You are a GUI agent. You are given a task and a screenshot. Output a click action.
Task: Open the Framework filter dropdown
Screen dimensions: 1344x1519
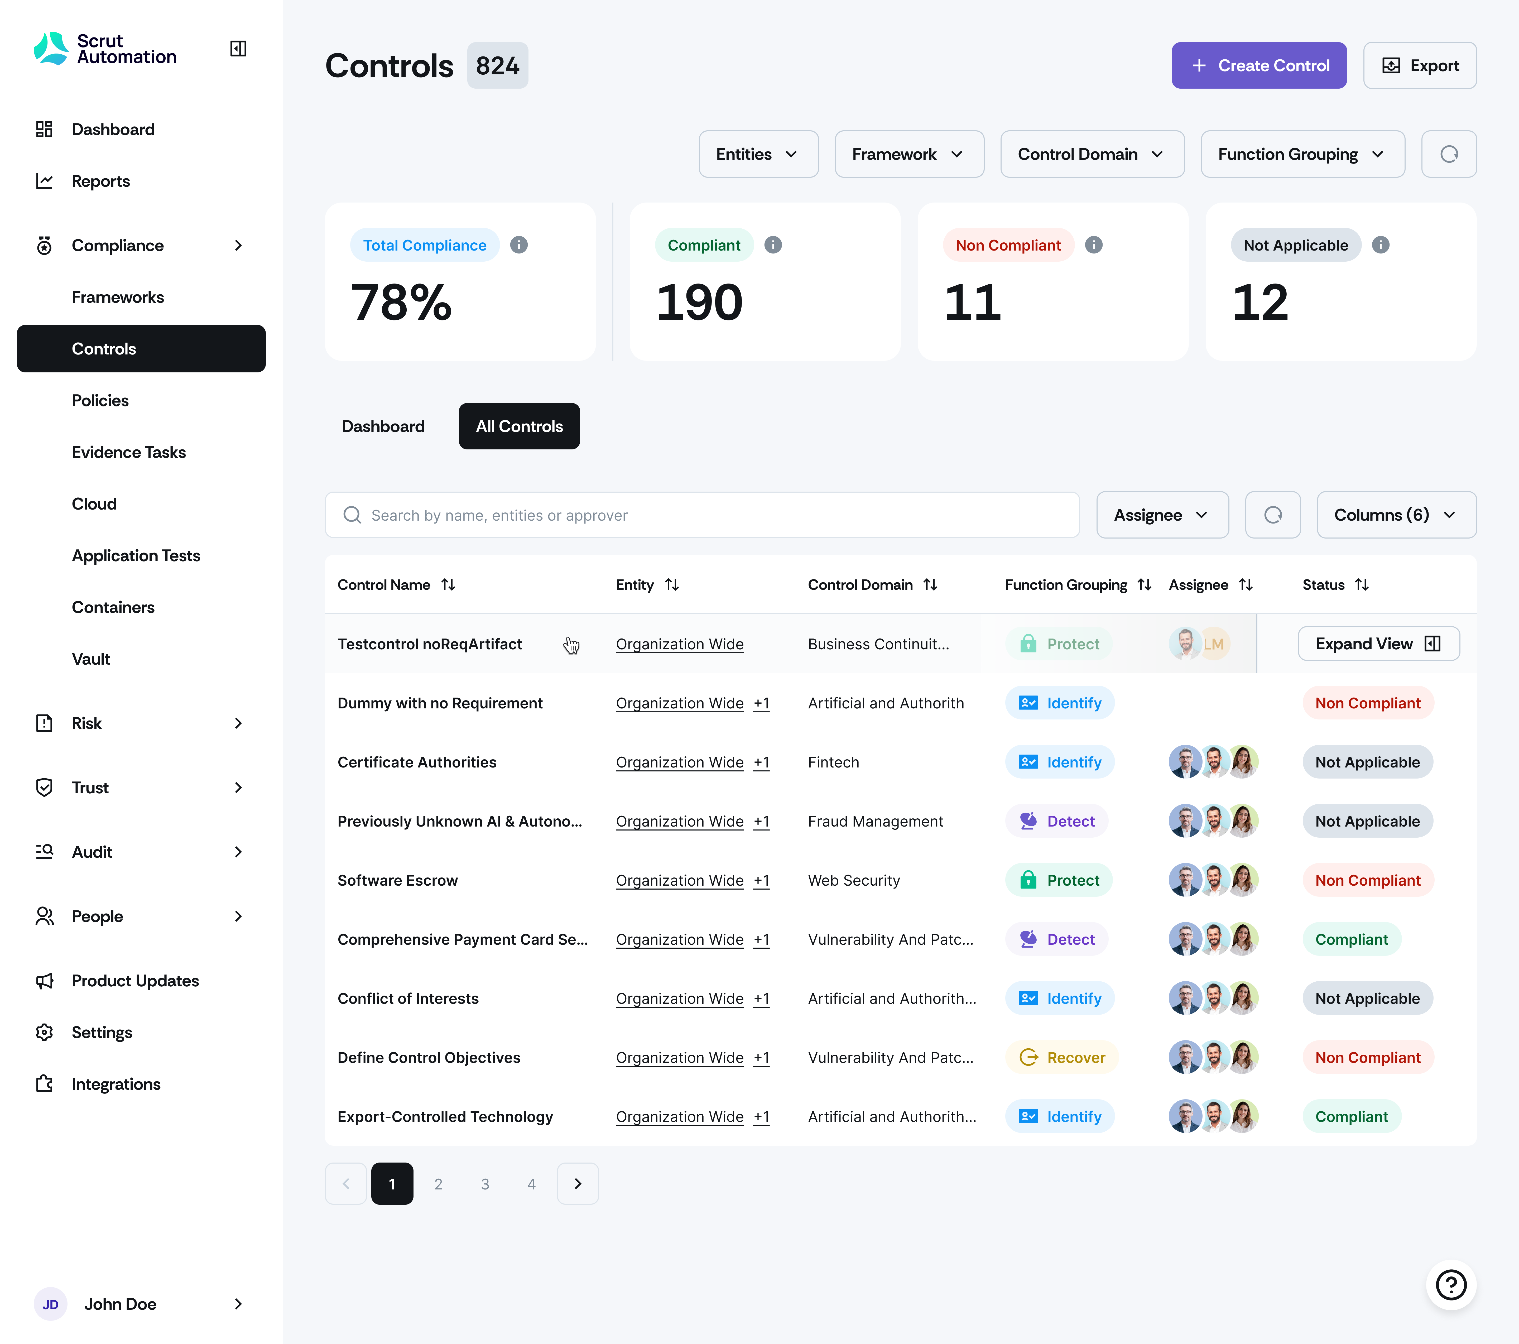pos(908,154)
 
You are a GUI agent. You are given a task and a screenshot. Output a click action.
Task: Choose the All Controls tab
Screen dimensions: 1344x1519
pos(519,426)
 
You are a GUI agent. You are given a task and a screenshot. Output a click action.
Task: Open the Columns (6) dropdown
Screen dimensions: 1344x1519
pos(1396,515)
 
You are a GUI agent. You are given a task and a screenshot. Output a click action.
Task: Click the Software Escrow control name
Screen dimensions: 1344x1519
pos(398,880)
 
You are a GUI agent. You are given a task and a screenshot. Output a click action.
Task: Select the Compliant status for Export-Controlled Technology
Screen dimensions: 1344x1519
pos(1351,1117)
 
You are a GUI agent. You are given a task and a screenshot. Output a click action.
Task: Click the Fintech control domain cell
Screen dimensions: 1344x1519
pos(833,762)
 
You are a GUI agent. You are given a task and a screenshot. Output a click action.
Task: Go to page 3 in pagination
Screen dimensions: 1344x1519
pos(484,1183)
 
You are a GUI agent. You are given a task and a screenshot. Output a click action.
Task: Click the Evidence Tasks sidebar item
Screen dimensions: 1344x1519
pos(129,452)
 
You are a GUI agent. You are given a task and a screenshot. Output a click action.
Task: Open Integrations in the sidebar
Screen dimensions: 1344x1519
pos(116,1084)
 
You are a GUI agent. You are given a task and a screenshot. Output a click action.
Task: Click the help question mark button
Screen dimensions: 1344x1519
pos(1450,1285)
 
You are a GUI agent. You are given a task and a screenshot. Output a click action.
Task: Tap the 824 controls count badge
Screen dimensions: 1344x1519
pos(497,65)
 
